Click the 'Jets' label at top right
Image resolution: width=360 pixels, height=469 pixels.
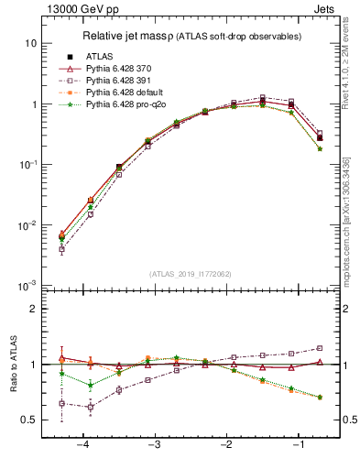pyautogui.click(x=327, y=8)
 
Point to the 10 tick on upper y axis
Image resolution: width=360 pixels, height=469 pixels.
pyautogui.click(x=31, y=44)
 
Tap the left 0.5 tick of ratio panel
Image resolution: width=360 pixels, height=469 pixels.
pyautogui.click(x=29, y=420)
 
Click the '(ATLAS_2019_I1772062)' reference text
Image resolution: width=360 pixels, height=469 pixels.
pyautogui.click(x=191, y=274)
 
